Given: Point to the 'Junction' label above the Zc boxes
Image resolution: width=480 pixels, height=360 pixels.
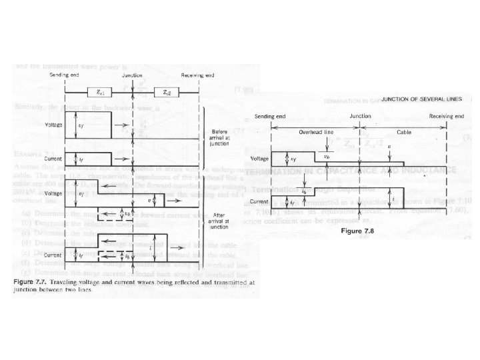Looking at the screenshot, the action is coord(134,76).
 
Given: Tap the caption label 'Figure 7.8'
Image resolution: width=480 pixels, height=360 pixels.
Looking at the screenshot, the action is coord(360,231).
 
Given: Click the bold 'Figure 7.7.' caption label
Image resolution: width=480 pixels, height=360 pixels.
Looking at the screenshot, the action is coord(30,283).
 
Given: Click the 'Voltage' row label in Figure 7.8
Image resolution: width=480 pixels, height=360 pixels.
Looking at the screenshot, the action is coord(259,159).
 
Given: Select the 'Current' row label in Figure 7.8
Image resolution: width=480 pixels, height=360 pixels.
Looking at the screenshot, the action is coord(259,200).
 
